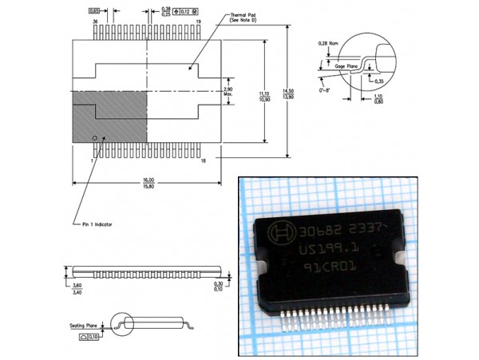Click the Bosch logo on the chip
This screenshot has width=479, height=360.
pyautogui.click(x=281, y=232)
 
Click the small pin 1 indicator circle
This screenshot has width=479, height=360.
pyautogui.click(x=94, y=138)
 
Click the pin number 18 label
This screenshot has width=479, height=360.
pyautogui.click(x=204, y=160)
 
